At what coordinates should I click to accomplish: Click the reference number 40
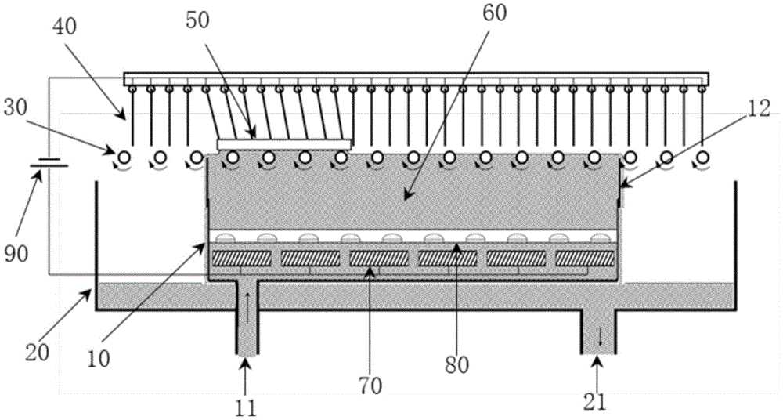tap(64, 27)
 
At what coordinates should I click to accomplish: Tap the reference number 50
tap(197, 20)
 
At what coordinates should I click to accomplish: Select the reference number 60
tap(494, 13)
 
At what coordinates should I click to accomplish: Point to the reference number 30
tap(16, 108)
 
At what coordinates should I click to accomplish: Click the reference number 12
tap(759, 108)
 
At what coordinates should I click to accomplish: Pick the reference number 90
tap(16, 254)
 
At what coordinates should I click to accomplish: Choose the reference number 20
tap(38, 353)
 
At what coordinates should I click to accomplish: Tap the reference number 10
tap(98, 359)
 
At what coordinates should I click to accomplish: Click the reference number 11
tap(245, 408)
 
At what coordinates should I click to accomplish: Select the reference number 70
tap(370, 386)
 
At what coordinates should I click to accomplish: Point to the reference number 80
tap(457, 365)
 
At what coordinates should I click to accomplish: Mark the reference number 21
tap(594, 402)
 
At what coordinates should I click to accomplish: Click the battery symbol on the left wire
tap(49, 162)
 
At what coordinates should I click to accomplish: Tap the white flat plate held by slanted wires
tap(284, 144)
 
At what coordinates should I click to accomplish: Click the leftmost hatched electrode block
tap(242, 258)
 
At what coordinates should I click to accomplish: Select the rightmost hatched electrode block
tap(585, 258)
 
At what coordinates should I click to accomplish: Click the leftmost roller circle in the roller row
tap(124, 157)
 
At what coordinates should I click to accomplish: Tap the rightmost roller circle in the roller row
tap(702, 157)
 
